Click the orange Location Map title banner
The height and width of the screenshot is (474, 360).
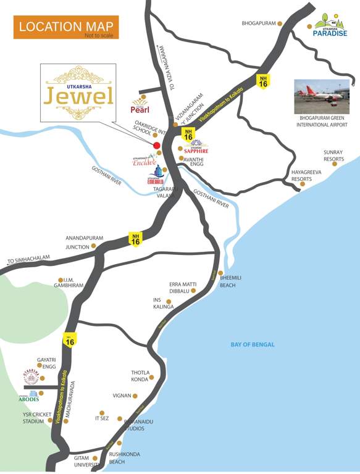[65, 27]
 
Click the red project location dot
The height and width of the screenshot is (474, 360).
[157, 146]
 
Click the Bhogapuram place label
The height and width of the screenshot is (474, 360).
[257, 24]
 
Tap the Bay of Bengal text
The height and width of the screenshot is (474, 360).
[252, 344]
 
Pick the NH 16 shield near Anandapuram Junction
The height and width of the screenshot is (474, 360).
[135, 238]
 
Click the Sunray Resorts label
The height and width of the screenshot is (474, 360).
[333, 155]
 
